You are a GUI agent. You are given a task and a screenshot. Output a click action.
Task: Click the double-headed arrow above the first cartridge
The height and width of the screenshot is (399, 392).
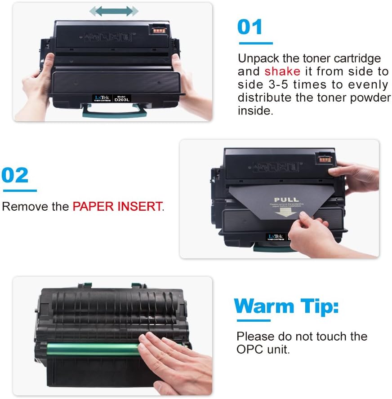tap(113, 11)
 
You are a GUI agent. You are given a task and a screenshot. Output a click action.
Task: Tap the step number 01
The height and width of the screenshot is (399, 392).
tap(250, 27)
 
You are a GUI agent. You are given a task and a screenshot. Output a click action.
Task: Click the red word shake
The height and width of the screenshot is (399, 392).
tap(282, 71)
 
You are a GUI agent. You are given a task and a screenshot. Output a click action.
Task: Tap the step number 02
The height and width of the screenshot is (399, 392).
tap(15, 175)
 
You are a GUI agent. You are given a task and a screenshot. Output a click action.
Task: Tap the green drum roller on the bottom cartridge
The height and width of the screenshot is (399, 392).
tap(90, 349)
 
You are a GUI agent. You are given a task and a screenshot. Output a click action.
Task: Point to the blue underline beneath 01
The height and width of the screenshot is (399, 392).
tap(255, 44)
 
